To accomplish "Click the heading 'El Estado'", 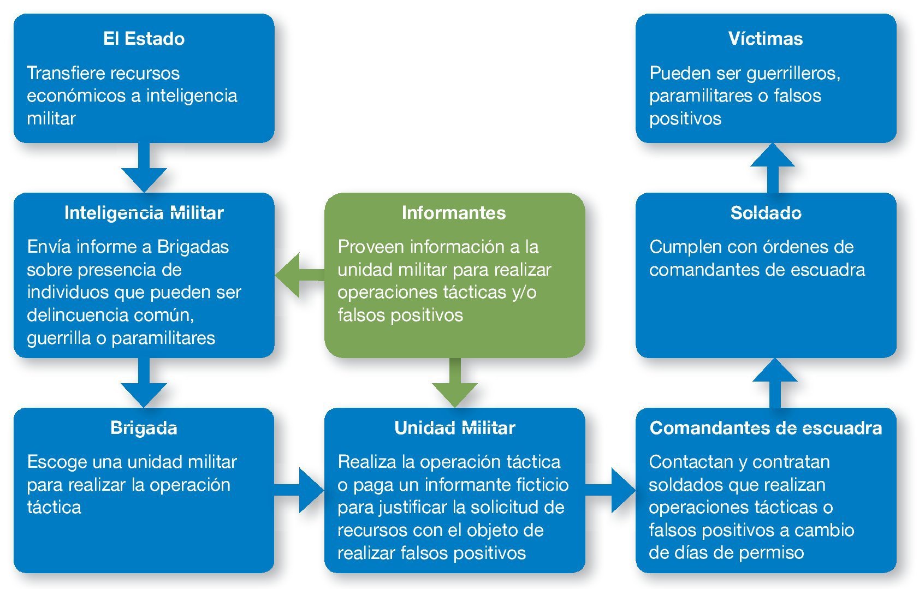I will [x=144, y=39].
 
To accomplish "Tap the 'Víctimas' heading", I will [x=765, y=39].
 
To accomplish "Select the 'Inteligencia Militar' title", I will [x=144, y=213].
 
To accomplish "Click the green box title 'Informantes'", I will [x=453, y=213].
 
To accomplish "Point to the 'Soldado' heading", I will [x=766, y=213].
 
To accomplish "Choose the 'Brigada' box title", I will [x=144, y=428].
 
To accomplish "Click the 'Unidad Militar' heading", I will [x=454, y=428].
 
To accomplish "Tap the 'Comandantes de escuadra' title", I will [x=766, y=428].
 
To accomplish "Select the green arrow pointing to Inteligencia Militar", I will [x=298, y=275].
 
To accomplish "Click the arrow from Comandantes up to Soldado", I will [x=774, y=382].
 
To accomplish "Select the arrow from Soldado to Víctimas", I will [x=772, y=166].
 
